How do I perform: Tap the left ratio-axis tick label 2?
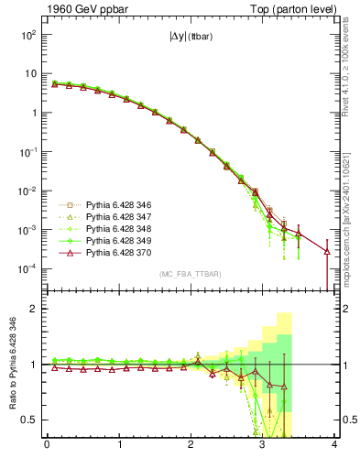coord(34,310)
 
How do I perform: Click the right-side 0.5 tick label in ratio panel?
coord(347,420)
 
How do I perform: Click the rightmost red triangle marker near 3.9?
coord(327,251)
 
